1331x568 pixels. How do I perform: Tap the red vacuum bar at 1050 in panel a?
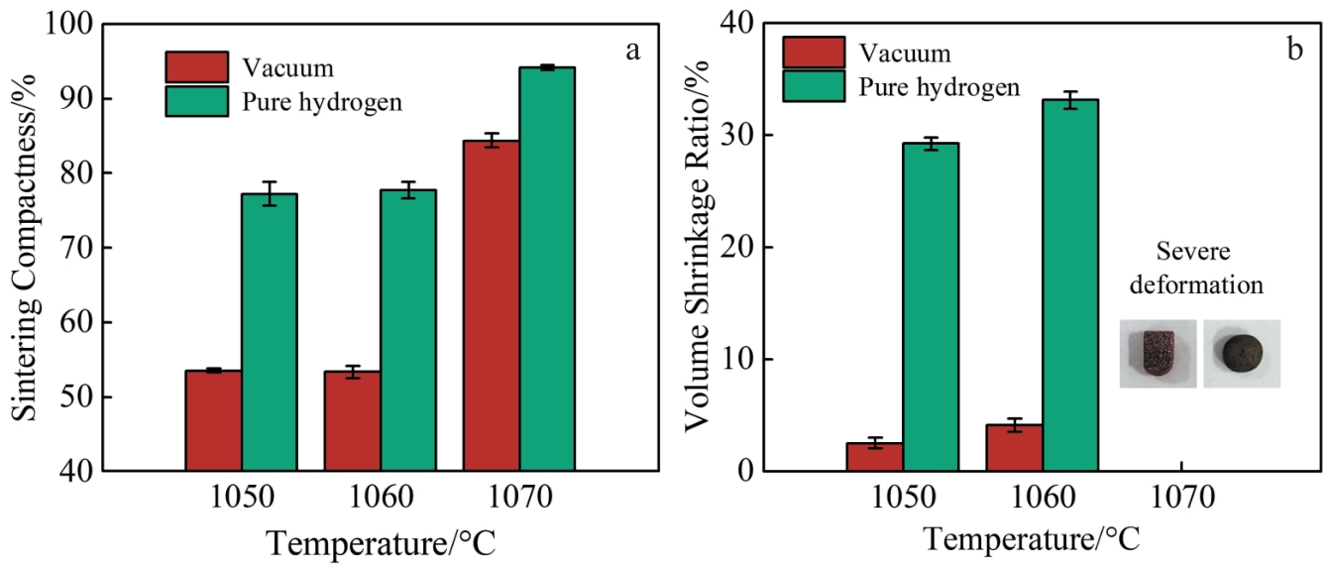213,420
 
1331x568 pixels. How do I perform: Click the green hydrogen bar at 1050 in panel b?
930,306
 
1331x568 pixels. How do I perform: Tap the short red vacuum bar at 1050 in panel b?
874,457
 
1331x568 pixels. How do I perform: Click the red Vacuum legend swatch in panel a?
196,67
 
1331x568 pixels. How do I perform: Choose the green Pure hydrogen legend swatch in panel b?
814,86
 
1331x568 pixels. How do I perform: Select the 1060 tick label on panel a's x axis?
380,498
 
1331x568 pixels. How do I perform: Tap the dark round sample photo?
1241,352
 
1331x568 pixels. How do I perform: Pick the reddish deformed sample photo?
1157,354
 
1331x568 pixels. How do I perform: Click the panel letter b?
1294,51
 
